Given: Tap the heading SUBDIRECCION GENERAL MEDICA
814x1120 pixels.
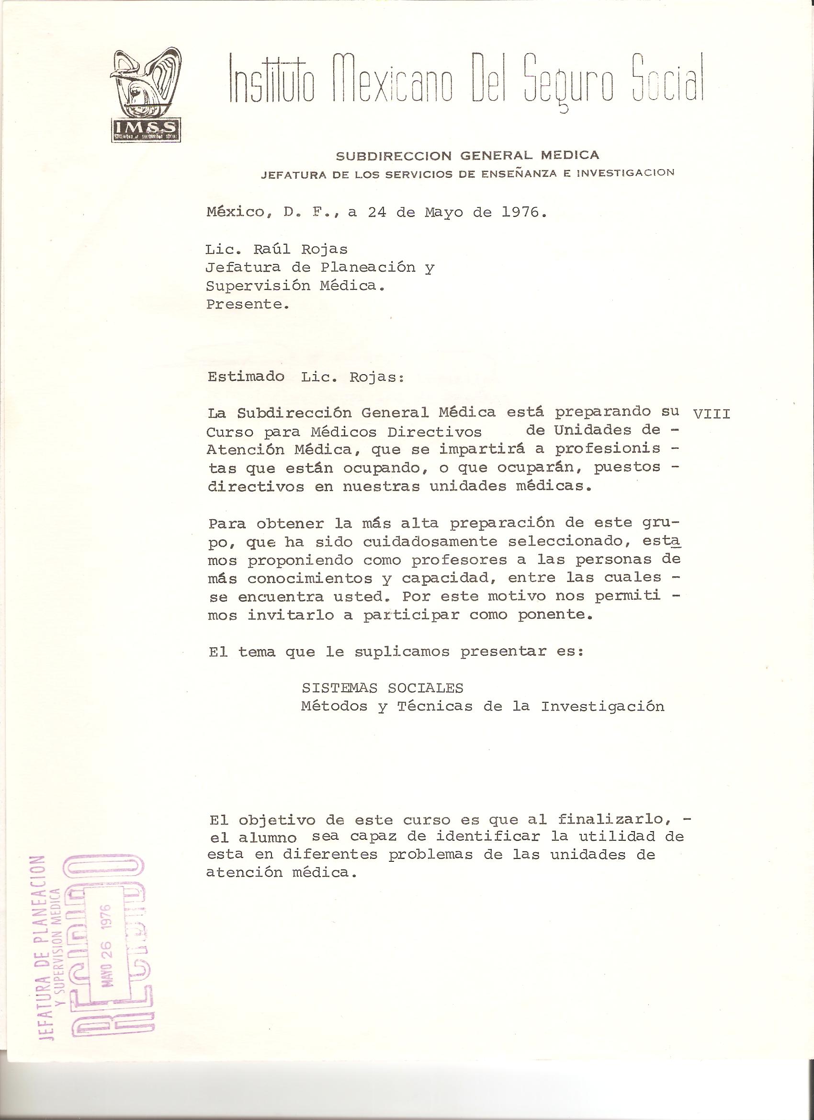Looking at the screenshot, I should (467, 155).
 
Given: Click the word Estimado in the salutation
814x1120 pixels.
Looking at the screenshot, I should (246, 377).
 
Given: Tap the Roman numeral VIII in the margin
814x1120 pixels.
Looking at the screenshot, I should (712, 413).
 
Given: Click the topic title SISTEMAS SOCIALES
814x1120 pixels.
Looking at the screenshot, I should (382, 688).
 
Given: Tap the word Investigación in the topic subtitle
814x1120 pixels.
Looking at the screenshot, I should (602, 707).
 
